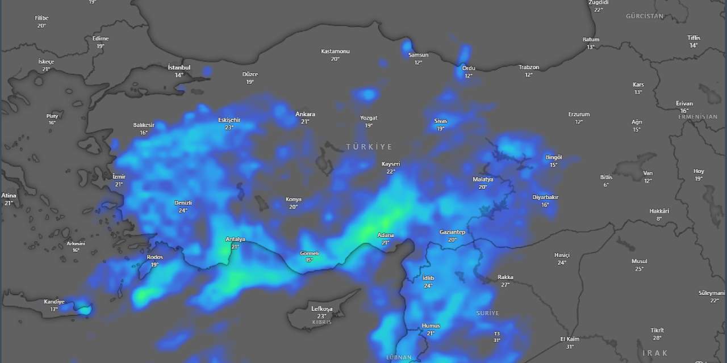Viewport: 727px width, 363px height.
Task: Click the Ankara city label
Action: coord(305,114)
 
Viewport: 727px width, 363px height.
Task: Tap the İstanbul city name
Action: coord(179,67)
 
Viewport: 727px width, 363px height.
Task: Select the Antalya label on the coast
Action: coord(235,239)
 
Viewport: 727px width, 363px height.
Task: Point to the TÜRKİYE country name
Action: coord(369,147)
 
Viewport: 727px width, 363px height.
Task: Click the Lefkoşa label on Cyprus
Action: coord(321,309)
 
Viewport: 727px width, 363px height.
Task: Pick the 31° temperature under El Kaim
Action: coord(570,347)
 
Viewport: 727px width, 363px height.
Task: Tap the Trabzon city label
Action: coord(529,67)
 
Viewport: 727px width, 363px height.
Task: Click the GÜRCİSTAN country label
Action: coord(645,16)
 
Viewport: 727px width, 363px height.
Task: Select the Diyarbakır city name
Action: coord(545,197)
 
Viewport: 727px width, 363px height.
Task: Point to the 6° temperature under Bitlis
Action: coord(606,185)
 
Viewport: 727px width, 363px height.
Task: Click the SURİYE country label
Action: coord(487,313)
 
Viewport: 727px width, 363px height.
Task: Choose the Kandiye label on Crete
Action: coord(54,302)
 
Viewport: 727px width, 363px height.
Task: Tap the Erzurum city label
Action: coord(579,114)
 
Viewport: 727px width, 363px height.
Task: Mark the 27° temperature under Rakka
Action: coord(505,285)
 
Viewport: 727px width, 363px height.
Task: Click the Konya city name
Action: coord(294,199)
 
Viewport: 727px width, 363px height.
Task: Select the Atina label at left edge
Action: coord(9,195)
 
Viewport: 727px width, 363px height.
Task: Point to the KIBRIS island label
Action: coord(321,322)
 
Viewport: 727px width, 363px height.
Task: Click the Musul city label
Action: coord(639,261)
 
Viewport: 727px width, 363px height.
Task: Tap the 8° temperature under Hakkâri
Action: coord(659,218)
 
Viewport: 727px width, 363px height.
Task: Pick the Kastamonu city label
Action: coord(335,51)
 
